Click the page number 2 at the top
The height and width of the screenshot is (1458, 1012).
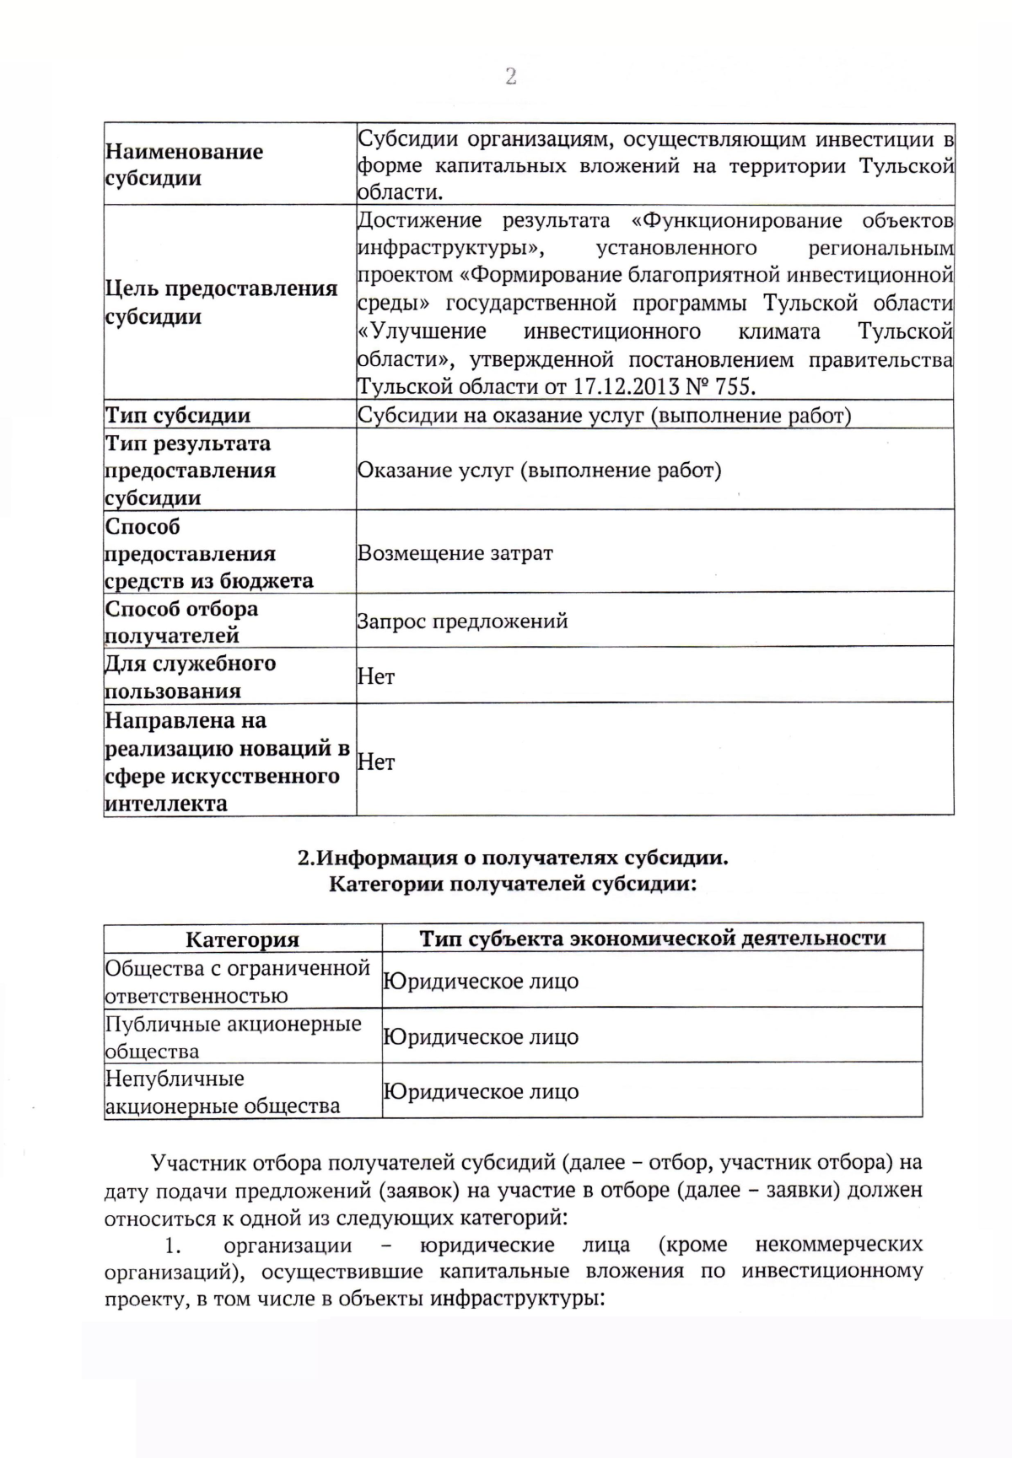point(510,77)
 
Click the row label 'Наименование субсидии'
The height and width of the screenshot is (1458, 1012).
point(184,164)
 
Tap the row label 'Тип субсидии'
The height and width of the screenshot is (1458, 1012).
point(178,415)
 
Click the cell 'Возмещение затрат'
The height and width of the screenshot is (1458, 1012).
point(455,553)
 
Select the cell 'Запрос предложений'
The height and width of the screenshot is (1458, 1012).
point(463,621)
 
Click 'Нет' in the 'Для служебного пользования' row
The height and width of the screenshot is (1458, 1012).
point(376,676)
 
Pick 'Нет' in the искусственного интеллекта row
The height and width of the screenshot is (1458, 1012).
point(376,761)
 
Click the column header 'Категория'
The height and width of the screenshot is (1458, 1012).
point(242,939)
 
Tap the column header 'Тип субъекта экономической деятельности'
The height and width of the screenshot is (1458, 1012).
point(653,939)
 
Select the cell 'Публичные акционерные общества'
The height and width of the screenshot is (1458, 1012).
point(233,1037)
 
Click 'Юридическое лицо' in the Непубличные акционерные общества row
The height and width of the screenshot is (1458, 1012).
point(481,1092)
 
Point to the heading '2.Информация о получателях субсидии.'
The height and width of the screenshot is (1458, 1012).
point(512,858)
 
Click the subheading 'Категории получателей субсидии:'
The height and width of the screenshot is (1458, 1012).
point(512,885)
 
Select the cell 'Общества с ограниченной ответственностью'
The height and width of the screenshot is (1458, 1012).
point(237,982)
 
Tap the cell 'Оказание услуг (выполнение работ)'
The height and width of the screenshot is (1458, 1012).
point(540,471)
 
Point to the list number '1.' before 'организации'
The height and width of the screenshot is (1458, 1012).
point(173,1245)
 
